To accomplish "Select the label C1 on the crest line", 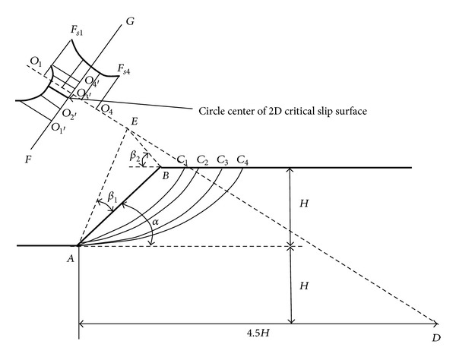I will coord(182,160).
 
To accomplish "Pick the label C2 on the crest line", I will coord(202,160).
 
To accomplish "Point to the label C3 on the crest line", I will coord(223,160).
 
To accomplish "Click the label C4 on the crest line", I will coord(242,160).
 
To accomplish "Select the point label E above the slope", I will coord(135,122).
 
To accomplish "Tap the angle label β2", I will coord(135,156).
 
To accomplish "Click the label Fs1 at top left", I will coord(78,30).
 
